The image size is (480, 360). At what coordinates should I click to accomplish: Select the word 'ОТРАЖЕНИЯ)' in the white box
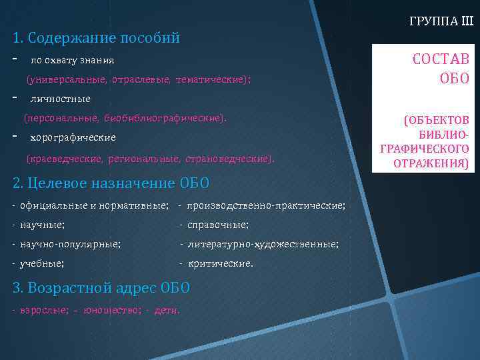pyautogui.click(x=435, y=163)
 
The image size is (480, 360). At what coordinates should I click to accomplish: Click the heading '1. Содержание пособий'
pyautogui.click(x=96, y=38)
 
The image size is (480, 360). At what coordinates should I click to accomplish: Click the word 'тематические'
pyautogui.click(x=210, y=80)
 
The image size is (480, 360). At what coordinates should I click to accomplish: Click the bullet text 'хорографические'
pyautogui.click(x=73, y=138)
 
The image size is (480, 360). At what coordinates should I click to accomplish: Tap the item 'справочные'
pyautogui.click(x=217, y=225)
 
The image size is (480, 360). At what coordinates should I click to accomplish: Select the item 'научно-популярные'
pyautogui.click(x=70, y=245)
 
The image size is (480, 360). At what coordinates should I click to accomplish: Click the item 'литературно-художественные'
pyautogui.click(x=262, y=245)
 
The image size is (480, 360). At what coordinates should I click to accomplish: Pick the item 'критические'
pyautogui.click(x=219, y=264)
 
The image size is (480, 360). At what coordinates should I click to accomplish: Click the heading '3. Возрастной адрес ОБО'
pyautogui.click(x=101, y=288)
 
